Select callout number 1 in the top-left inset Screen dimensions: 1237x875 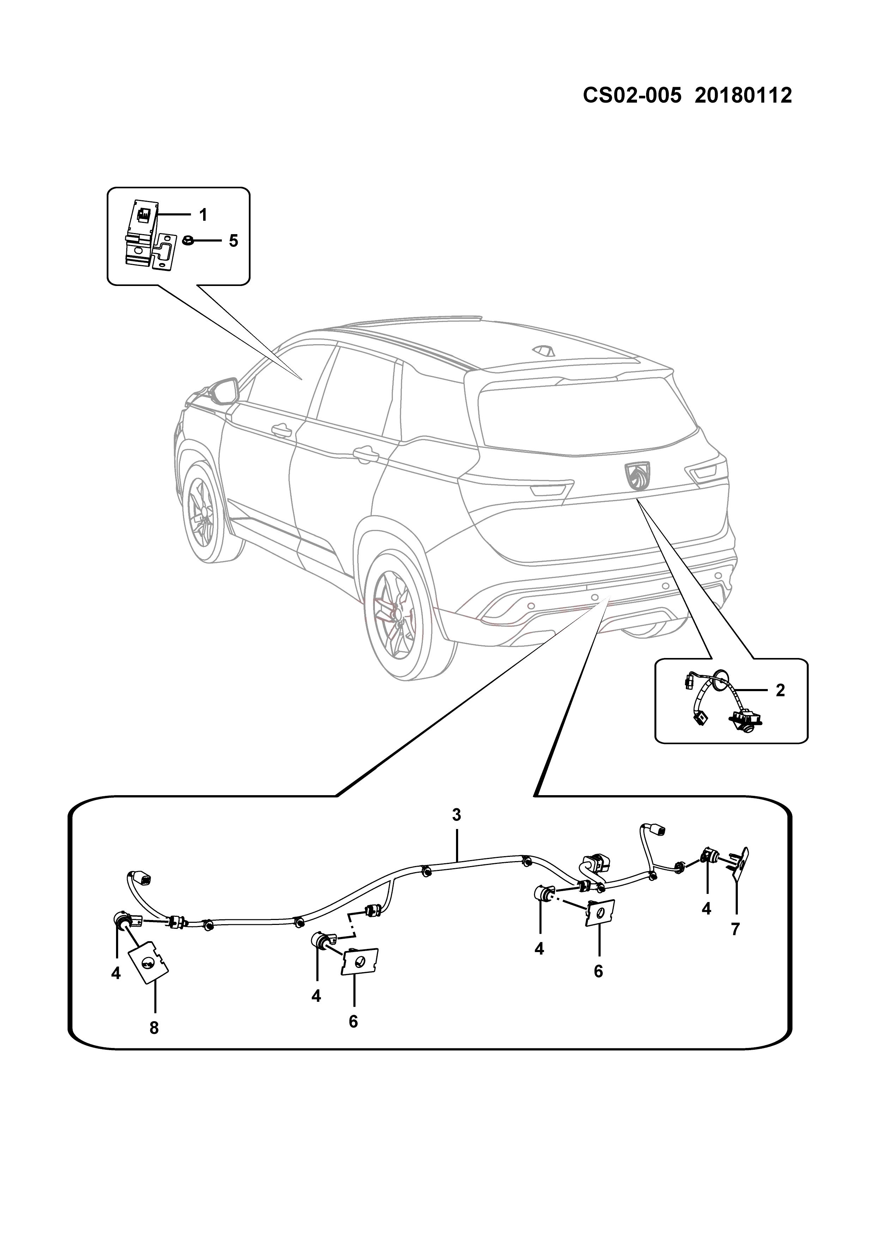click(x=203, y=215)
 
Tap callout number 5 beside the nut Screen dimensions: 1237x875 click(x=233, y=241)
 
